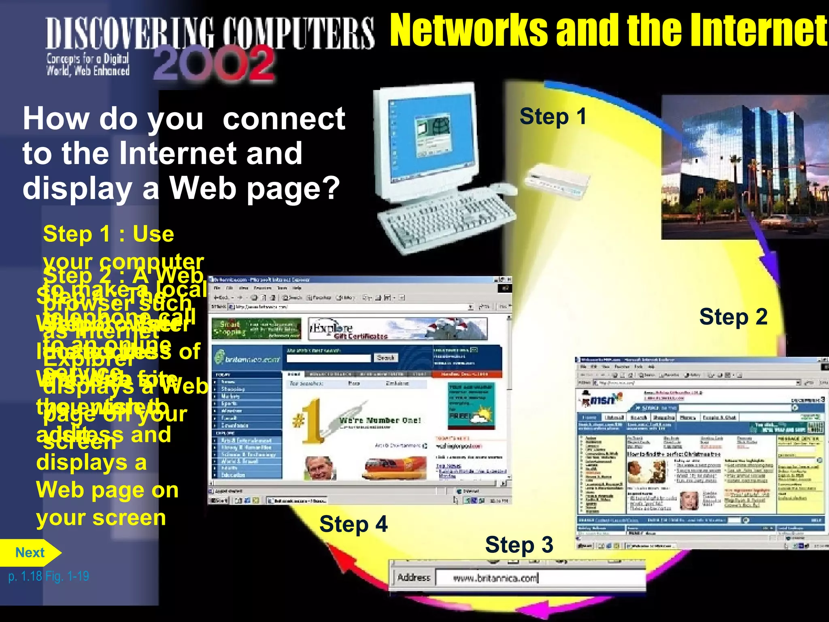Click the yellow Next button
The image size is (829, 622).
click(30, 553)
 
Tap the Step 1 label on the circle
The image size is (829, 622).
click(553, 117)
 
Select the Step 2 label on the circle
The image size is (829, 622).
click(733, 317)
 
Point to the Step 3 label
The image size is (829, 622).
click(519, 545)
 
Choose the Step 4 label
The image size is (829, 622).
click(353, 524)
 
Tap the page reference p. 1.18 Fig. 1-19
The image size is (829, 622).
click(49, 576)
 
